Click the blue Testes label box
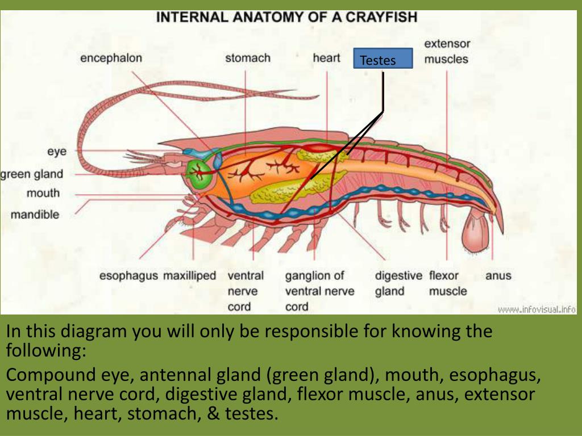[x=383, y=59]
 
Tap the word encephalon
[x=111, y=58]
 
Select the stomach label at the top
[x=248, y=58]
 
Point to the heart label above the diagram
[x=326, y=58]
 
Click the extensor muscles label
[x=447, y=51]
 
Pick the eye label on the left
[x=57, y=151]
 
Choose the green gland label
[x=31, y=174]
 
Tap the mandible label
[x=35, y=215]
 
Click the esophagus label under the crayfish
[x=128, y=276]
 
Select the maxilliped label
[x=190, y=276]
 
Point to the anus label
[x=498, y=276]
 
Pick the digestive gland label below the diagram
[x=398, y=284]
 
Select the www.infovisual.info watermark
[x=537, y=309]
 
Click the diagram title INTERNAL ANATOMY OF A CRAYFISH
[x=287, y=17]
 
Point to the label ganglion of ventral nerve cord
[x=319, y=291]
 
